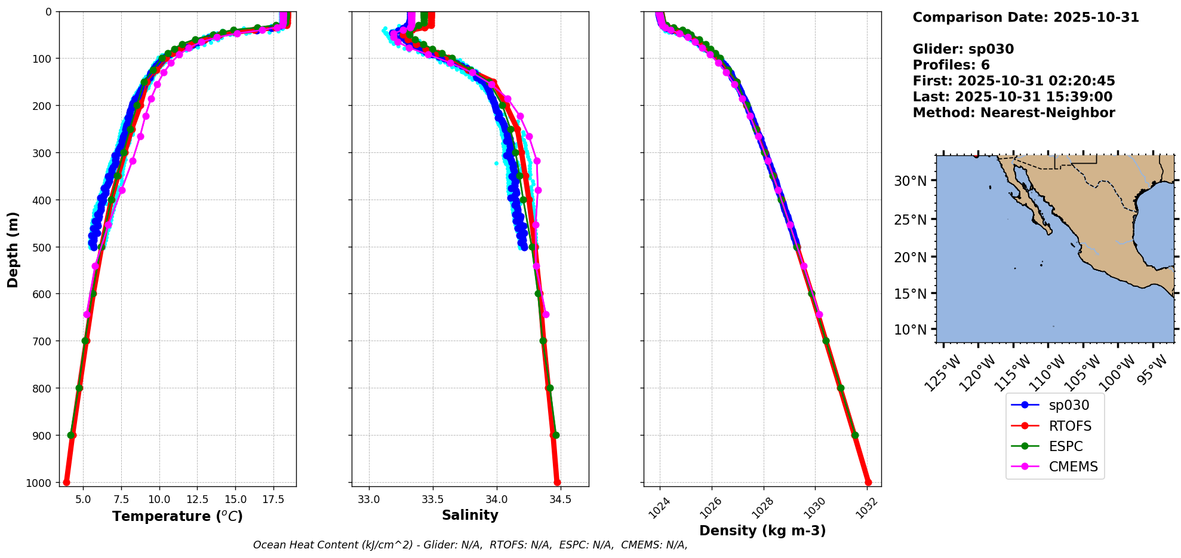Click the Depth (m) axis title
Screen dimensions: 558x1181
[13, 249]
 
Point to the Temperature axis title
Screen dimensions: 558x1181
[177, 516]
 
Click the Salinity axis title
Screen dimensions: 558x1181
[470, 515]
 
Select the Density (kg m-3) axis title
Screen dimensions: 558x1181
[762, 531]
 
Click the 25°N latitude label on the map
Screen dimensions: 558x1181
[910, 220]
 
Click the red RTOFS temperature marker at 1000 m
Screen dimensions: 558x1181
[66, 482]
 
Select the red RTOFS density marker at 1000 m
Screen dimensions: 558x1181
[868, 482]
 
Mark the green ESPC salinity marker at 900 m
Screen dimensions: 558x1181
[556, 435]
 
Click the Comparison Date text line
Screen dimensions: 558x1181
[1025, 17]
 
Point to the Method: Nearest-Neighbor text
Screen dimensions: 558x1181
[1013, 112]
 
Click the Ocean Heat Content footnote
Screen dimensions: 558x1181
[470, 545]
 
